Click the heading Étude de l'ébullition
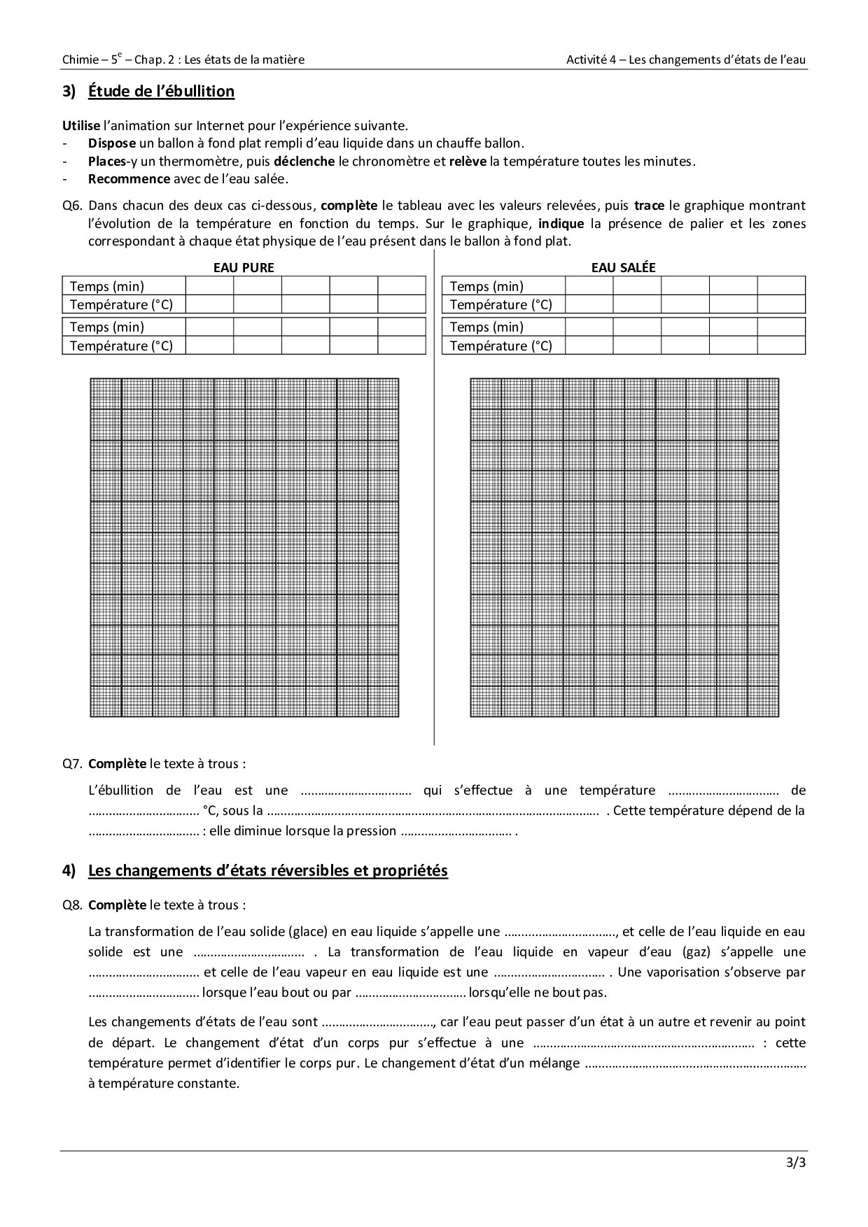tap(161, 92)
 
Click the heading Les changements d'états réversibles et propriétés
tap(267, 871)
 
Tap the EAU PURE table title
tap(244, 268)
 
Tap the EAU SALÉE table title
tap(623, 268)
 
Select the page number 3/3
tap(796, 1164)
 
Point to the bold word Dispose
tap(111, 143)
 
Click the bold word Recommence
tap(129, 178)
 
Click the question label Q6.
tap(72, 206)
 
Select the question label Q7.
tap(72, 764)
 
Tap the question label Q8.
tap(72, 905)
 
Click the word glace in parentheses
tap(309, 932)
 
